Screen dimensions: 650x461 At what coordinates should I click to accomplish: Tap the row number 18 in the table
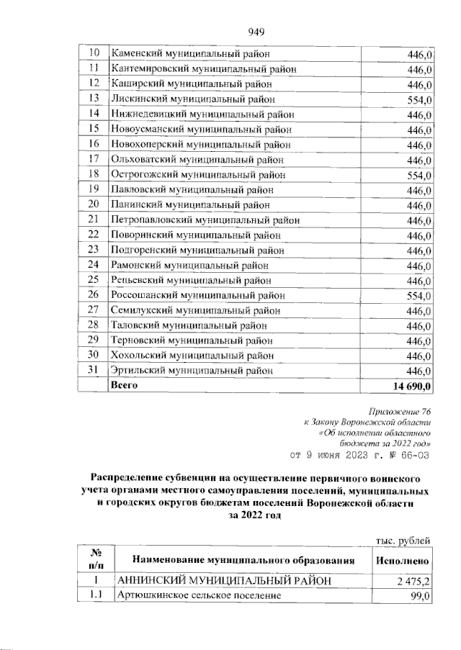click(x=92, y=175)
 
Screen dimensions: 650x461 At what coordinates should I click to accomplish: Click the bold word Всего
click(x=123, y=386)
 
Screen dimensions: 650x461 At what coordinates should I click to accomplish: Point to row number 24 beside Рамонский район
click(x=92, y=266)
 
